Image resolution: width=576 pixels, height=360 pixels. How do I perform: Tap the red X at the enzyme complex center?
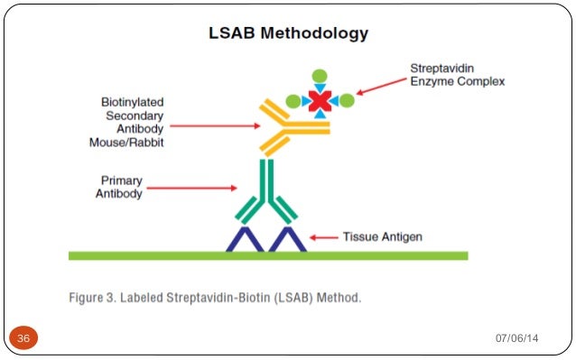tap(319, 101)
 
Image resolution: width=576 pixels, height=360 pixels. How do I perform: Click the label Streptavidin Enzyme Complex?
tap(457, 75)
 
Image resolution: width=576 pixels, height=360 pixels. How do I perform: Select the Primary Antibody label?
tap(119, 188)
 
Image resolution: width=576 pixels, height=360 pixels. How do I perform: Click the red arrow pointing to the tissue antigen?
tap(323, 237)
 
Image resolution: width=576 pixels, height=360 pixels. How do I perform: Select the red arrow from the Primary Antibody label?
tap(192, 189)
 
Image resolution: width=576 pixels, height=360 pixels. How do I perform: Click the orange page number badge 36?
tap(23, 337)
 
